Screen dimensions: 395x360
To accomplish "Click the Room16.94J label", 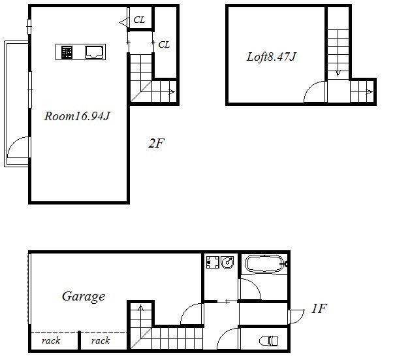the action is (x=77, y=116).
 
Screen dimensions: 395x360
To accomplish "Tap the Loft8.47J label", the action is (x=271, y=57).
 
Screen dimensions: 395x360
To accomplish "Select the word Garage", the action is (x=84, y=297).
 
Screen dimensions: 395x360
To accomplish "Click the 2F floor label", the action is (x=156, y=143).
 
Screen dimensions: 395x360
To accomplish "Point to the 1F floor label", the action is (x=319, y=308).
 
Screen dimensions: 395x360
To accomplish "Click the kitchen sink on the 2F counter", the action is (x=95, y=52).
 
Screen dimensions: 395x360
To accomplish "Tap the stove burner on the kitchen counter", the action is (x=67, y=52).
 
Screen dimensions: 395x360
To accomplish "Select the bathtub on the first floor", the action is (x=264, y=264).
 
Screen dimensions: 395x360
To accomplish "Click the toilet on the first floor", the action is (x=270, y=341).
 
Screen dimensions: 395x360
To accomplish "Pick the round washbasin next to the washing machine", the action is (x=227, y=262).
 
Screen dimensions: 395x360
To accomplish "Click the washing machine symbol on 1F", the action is (x=213, y=262).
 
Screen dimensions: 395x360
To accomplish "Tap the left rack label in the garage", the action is (x=51, y=341).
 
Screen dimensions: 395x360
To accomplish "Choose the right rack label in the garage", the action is (x=101, y=341).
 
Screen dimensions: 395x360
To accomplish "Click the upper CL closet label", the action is (x=139, y=20).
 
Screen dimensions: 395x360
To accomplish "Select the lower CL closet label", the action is (x=164, y=44).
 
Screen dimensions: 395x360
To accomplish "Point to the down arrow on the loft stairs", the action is (x=338, y=73).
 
